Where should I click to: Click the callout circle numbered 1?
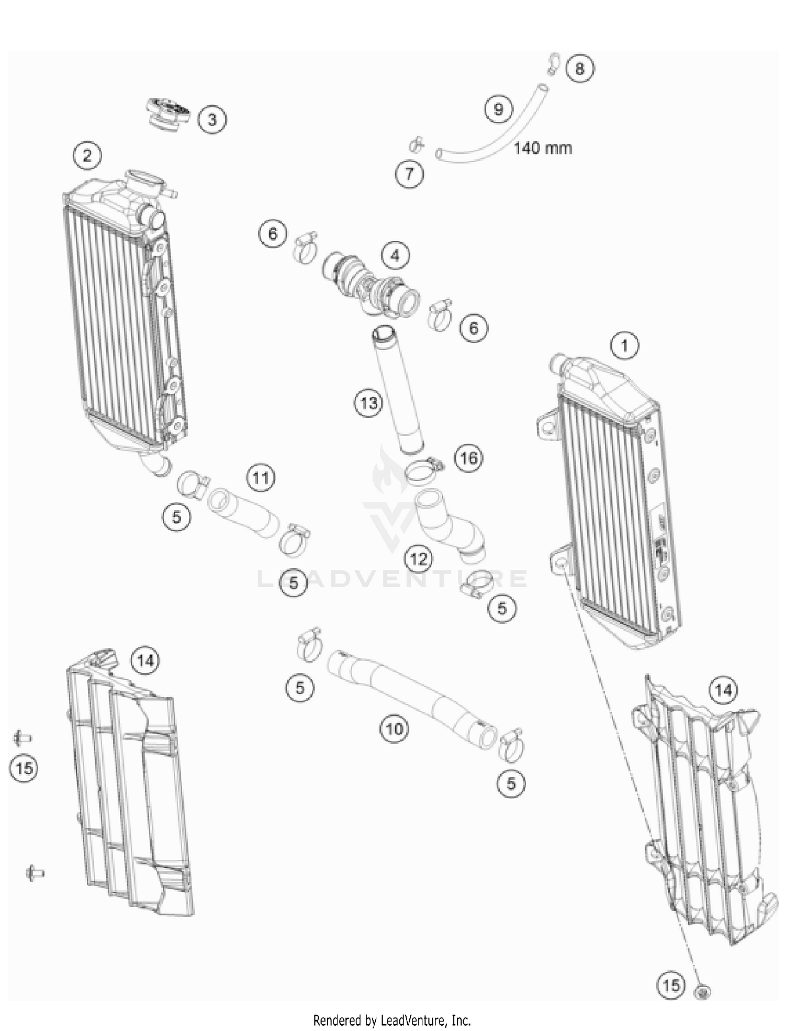coord(624,345)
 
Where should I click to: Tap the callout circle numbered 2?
coord(87,155)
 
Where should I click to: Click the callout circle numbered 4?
coord(395,255)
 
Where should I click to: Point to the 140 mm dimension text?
coord(542,148)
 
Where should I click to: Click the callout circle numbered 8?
coord(579,68)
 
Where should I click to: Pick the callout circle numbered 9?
coord(498,109)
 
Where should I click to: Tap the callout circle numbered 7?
coord(409,173)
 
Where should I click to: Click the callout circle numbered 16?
coord(468,458)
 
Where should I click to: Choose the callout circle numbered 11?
coord(261,477)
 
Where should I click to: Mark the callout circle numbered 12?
coord(419,559)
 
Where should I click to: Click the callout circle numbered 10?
coord(394,728)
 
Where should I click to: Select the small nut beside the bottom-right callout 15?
coord(702,990)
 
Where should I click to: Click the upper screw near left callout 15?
coord(22,738)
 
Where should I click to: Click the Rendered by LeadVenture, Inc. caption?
coord(392,1020)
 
